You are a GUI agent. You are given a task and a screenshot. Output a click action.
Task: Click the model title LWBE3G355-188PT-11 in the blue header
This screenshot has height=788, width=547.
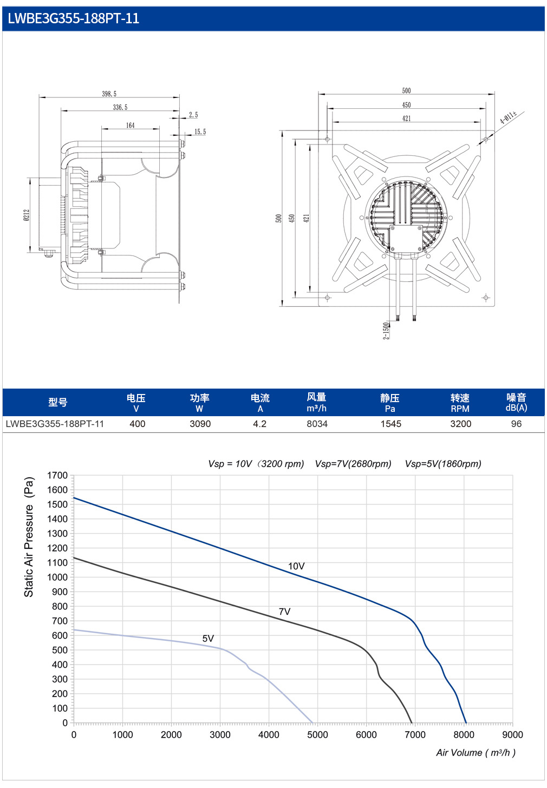point(74,18)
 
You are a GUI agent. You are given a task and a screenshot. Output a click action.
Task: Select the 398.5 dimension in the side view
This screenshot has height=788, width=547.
point(109,94)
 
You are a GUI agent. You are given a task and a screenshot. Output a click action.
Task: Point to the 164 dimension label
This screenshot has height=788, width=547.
point(130,125)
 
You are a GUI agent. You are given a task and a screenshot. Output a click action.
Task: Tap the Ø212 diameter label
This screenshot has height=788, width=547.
point(27,215)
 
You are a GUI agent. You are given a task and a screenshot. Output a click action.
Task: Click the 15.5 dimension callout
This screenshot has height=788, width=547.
point(200,132)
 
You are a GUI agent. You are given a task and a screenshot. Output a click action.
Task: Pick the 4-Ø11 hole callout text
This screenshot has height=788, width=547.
point(509,117)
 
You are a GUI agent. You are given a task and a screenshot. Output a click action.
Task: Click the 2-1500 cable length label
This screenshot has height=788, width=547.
point(386,331)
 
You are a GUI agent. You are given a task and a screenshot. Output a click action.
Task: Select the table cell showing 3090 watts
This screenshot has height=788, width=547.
point(200,424)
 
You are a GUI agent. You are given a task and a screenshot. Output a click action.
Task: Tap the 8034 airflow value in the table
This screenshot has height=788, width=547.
point(317,424)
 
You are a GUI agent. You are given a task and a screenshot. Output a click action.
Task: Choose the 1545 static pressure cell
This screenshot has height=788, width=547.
point(390,424)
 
